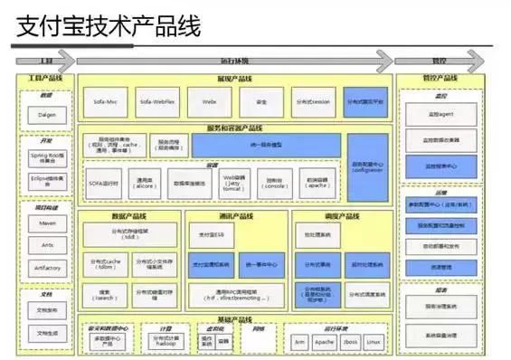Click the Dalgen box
46,116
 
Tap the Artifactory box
46,268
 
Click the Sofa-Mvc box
106,101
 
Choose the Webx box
210,101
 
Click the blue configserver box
366,170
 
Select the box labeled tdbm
106,265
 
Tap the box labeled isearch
106,294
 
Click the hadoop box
166,341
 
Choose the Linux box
372,341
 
